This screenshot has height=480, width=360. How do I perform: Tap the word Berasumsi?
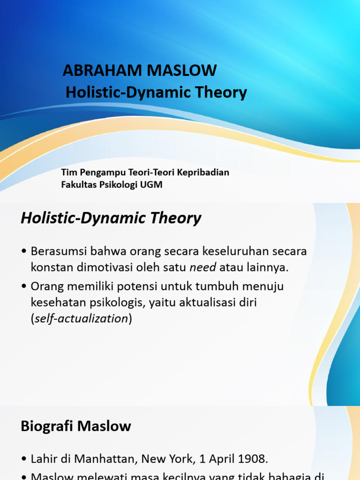(x=58, y=251)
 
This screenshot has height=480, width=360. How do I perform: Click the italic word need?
(x=203, y=268)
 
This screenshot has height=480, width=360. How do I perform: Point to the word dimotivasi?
(x=98, y=268)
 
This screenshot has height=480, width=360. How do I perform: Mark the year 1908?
(x=253, y=458)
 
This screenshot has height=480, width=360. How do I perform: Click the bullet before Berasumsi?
(x=24, y=252)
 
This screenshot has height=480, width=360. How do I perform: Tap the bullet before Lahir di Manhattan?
(x=24, y=458)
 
